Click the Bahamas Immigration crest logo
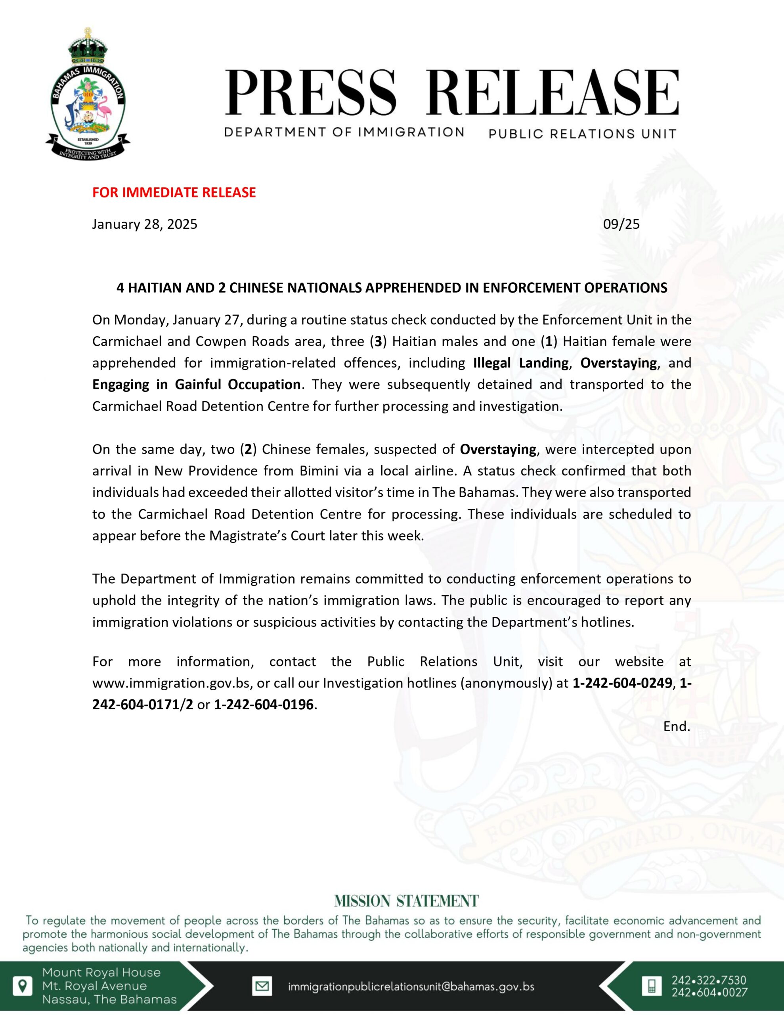coord(88,95)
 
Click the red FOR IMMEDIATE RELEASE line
coord(174,192)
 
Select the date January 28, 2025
coord(145,224)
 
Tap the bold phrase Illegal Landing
coord(520,362)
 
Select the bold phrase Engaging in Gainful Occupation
coord(196,384)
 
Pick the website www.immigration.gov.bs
coord(172,683)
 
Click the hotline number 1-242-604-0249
coord(622,683)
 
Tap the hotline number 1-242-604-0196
coord(264,705)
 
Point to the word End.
coord(676,726)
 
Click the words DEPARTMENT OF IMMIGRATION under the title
coord(344,132)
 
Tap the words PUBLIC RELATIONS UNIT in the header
coord(582,134)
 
